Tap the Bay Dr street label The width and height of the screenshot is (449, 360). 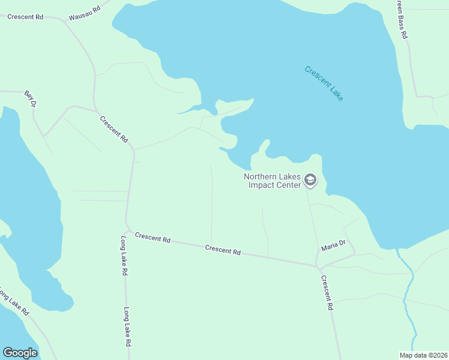coord(31,99)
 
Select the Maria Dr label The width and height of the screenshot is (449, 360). coord(333,245)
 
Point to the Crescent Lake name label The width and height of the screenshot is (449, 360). coord(324,83)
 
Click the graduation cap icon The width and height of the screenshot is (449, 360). coord(310,180)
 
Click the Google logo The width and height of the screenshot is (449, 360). coord(20,353)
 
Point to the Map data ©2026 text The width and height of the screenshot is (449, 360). coord(423,355)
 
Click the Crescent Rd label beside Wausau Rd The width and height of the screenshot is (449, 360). coord(25,17)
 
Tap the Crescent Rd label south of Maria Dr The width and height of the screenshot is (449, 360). coord(327,292)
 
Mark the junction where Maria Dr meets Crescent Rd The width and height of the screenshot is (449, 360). coord(318,265)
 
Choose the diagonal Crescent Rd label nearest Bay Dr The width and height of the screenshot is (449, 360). coord(114,129)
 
